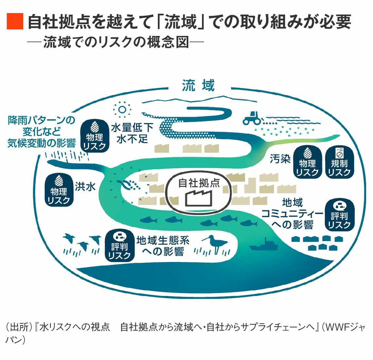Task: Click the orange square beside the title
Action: tap(15, 22)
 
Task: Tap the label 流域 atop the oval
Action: tap(198, 85)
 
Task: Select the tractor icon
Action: tap(252, 118)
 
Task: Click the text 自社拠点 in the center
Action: tap(199, 183)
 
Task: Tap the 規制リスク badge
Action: tap(339, 163)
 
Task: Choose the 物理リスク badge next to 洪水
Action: tap(59, 190)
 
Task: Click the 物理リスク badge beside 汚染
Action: tap(307, 163)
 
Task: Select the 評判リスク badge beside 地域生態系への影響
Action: tap(119, 245)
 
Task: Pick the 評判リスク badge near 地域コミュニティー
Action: tap(339, 215)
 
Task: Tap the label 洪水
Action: tap(85, 186)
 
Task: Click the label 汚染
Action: tap(280, 159)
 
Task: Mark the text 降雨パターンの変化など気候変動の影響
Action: tap(42, 131)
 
